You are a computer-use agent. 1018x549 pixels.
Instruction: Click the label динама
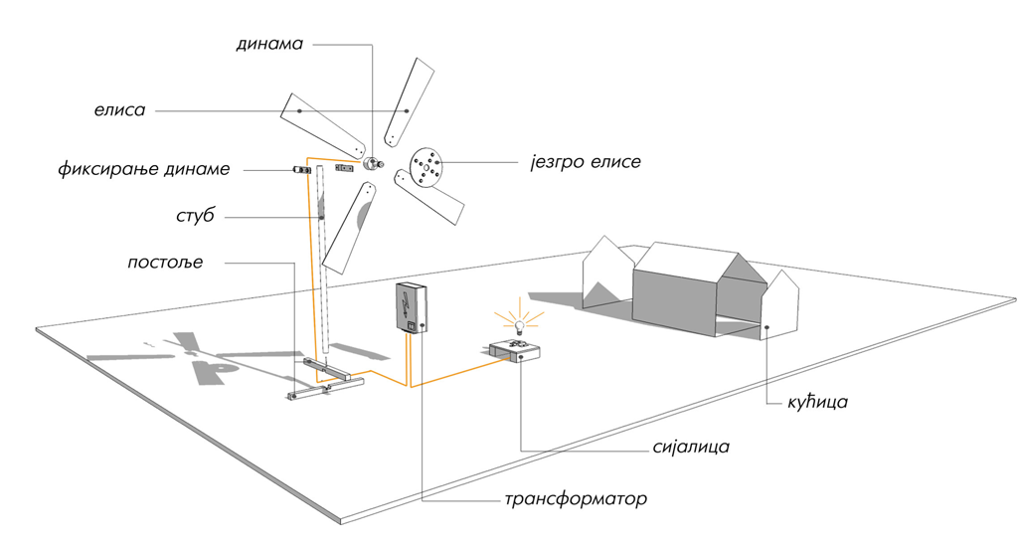point(269,44)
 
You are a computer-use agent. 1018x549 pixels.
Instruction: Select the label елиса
point(119,109)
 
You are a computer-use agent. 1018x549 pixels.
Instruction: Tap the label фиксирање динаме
point(143,169)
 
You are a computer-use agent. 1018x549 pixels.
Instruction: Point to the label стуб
point(195,216)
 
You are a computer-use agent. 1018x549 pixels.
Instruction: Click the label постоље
point(165,263)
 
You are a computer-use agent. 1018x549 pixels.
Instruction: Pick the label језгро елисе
point(585,162)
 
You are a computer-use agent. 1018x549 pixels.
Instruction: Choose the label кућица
point(817,402)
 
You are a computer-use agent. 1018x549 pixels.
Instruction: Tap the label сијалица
point(691,447)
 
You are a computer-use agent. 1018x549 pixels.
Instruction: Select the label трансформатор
point(576,499)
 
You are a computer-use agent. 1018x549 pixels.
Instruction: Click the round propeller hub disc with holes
point(425,168)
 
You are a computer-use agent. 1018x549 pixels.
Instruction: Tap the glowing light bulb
point(518,325)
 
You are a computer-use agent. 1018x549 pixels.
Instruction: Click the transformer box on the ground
point(411,308)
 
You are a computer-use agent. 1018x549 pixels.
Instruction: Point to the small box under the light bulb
point(515,351)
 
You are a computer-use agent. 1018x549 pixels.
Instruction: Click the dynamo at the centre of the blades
point(372,162)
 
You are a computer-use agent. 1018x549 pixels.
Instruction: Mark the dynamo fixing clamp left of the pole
point(301,170)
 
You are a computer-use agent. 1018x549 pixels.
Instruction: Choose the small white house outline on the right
point(780,304)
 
